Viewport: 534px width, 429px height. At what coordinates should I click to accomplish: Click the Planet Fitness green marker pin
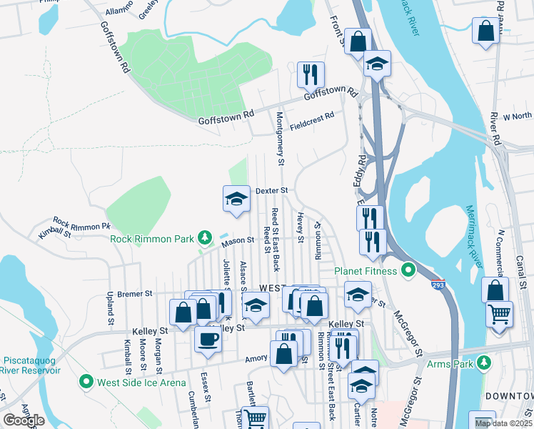pos(408,271)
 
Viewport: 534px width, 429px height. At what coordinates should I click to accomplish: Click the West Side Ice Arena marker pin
pos(87,382)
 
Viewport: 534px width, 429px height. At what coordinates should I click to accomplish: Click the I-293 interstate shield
pos(438,284)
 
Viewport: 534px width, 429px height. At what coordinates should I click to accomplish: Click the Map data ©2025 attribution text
pos(503,423)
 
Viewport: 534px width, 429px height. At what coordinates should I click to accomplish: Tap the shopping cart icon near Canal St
pos(499,314)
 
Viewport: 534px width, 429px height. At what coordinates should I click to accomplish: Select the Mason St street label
pos(238,242)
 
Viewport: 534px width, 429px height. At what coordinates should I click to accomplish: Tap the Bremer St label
pos(135,294)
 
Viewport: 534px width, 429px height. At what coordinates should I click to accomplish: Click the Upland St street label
pos(111,305)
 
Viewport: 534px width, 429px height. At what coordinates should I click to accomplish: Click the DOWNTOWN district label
pos(509,396)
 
